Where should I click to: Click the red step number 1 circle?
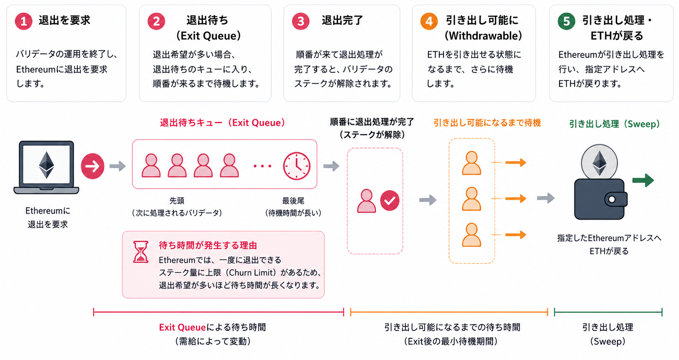tap(24, 21)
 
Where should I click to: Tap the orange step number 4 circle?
tap(429, 21)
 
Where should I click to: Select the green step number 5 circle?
tap(566, 21)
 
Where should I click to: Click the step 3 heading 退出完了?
tap(342, 21)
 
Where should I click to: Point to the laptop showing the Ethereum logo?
tap(47, 168)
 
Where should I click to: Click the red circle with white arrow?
tap(93, 166)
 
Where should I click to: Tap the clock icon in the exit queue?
tap(297, 166)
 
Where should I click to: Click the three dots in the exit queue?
tap(262, 166)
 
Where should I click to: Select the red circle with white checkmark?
tap(390, 200)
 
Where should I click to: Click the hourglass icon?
tap(141, 252)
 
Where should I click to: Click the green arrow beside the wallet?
tap(643, 180)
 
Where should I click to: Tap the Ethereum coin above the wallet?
tap(599, 162)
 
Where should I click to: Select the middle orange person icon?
tap(471, 199)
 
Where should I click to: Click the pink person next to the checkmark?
tap(366, 201)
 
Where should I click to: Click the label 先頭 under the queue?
tap(177, 201)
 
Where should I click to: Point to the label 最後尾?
tap(293, 201)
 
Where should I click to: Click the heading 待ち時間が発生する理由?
tap(208, 245)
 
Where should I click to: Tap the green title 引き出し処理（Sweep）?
tap(614, 124)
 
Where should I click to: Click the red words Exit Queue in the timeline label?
tap(182, 327)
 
